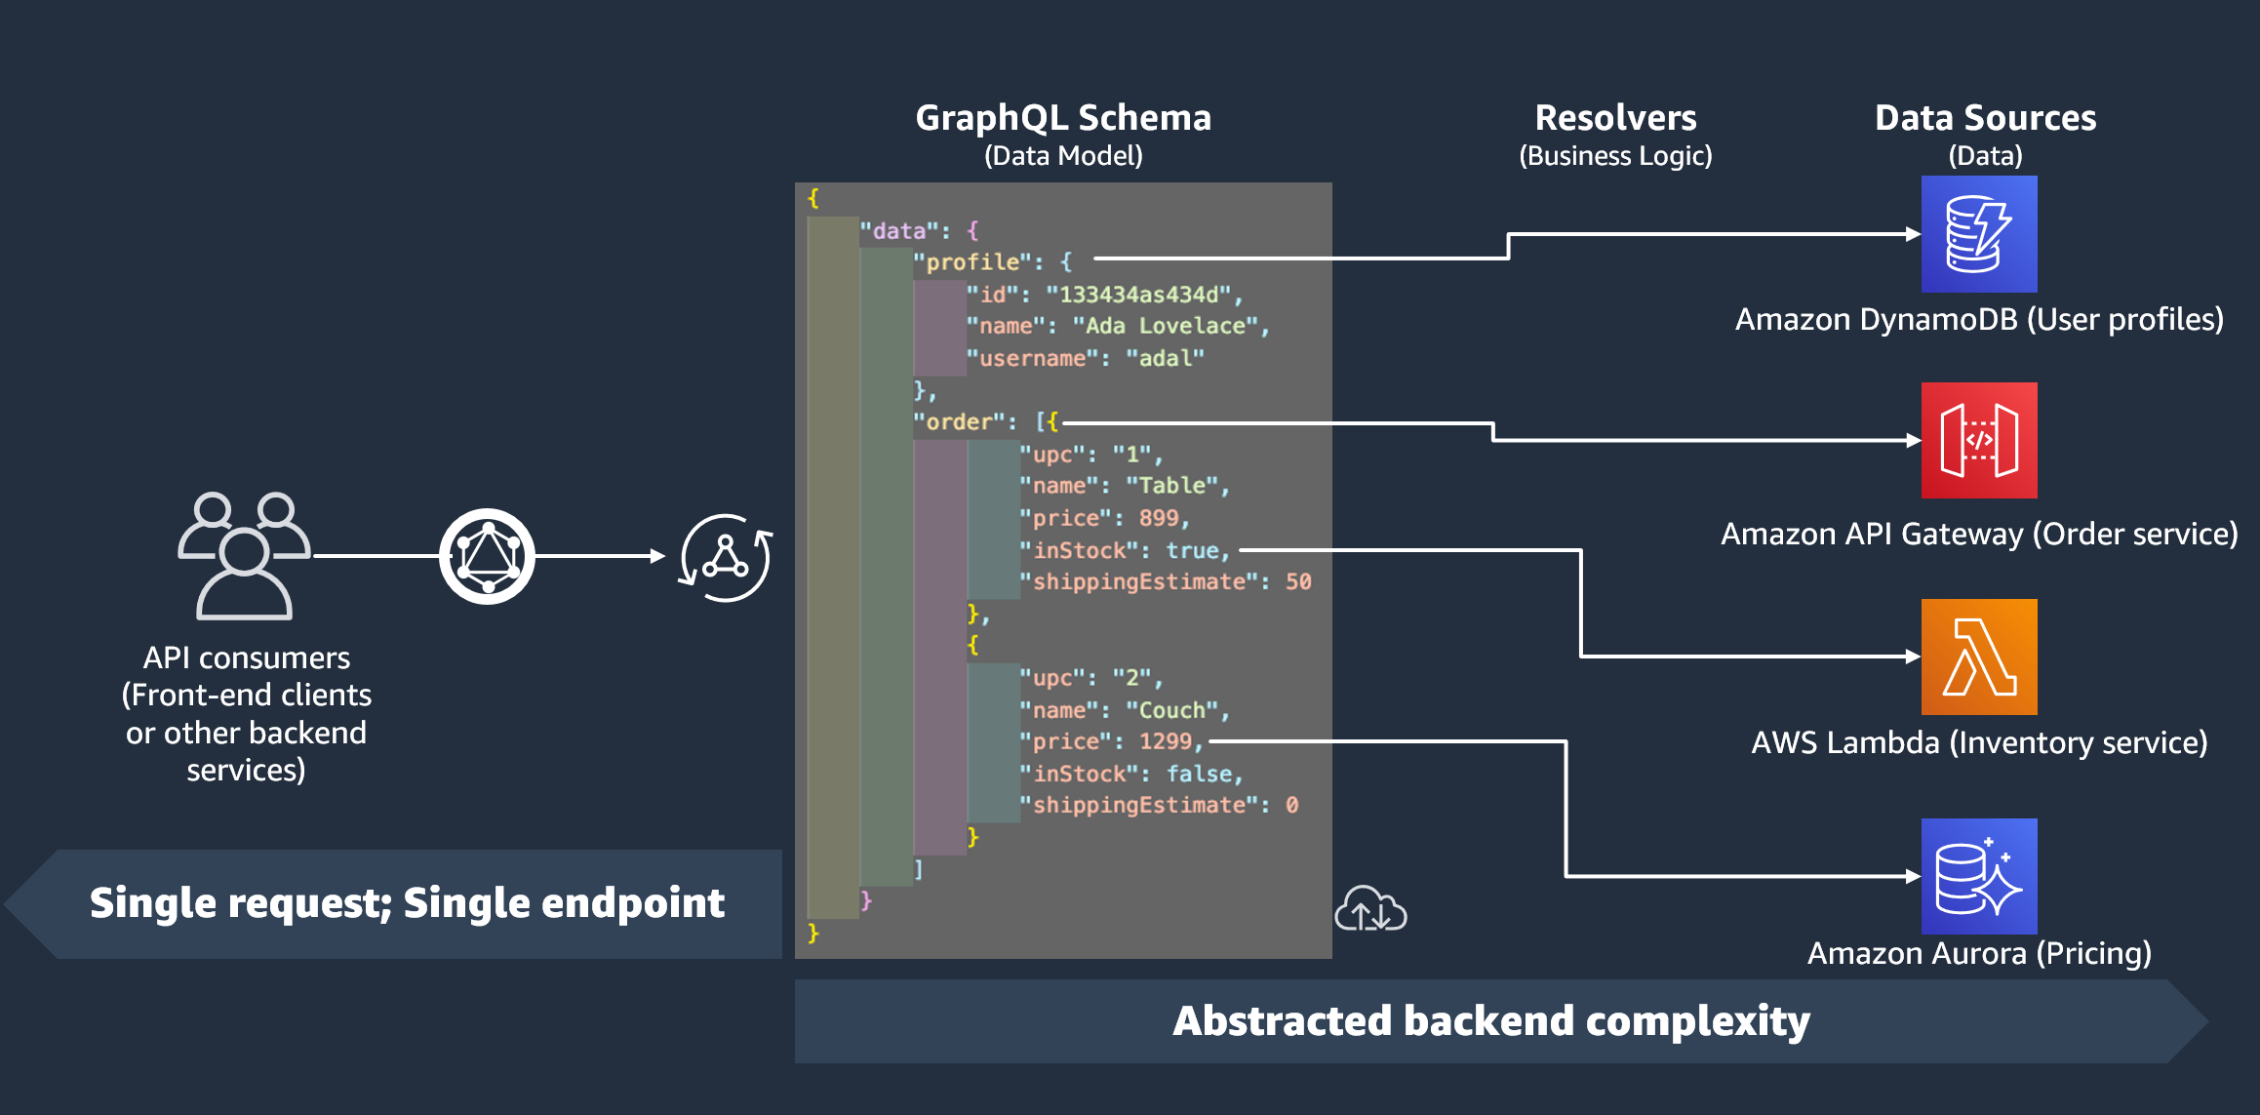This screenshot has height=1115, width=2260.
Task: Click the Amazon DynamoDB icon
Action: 1979,234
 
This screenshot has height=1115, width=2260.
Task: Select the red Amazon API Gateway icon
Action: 1979,440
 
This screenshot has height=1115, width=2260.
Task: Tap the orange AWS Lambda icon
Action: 1979,657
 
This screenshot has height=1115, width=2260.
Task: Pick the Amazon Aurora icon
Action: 1979,876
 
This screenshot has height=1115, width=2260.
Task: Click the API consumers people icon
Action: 244,556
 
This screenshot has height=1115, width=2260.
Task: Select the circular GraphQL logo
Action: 487,556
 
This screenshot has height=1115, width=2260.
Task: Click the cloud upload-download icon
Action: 1370,909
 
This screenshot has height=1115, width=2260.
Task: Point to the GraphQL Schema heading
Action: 1063,118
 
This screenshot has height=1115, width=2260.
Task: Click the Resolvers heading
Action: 1615,118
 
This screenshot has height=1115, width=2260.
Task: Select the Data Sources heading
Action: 1985,118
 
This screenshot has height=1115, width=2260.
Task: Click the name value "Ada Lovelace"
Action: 1165,326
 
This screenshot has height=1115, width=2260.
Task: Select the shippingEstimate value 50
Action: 1298,582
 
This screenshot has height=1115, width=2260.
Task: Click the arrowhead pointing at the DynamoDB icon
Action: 1913,234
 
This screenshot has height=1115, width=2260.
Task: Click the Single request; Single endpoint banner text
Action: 407,903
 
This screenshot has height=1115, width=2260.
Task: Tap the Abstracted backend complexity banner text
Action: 1490,1021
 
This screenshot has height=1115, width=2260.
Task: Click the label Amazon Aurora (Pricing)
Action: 1979,953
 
